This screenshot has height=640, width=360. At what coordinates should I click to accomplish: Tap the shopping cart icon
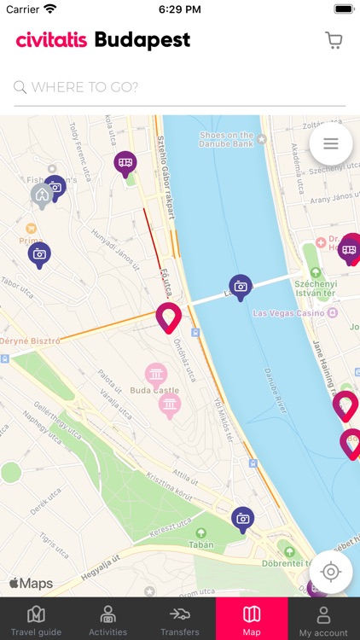tap(334, 40)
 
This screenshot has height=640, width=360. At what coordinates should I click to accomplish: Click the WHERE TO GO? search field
tap(179, 87)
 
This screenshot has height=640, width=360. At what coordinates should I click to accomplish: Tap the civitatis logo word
tap(51, 40)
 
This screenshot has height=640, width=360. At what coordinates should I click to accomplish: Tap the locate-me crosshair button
tap(331, 572)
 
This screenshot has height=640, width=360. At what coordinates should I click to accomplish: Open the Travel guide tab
tap(36, 620)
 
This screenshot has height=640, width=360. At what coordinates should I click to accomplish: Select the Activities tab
tap(107, 620)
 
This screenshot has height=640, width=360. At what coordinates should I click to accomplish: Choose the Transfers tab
tap(179, 620)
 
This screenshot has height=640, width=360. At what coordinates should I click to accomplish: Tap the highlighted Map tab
tap(252, 620)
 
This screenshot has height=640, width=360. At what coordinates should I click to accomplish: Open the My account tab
tap(323, 620)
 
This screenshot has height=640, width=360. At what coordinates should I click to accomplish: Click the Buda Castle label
tap(154, 390)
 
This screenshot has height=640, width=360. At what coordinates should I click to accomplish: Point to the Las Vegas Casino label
tap(288, 313)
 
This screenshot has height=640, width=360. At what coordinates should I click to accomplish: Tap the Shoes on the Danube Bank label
tap(226, 139)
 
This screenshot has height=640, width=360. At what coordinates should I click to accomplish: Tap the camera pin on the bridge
tap(241, 287)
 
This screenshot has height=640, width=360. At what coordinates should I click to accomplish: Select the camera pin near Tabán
tap(243, 519)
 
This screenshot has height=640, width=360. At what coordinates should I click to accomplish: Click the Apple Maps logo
tap(31, 584)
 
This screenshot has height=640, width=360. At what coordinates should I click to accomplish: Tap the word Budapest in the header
tap(142, 40)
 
